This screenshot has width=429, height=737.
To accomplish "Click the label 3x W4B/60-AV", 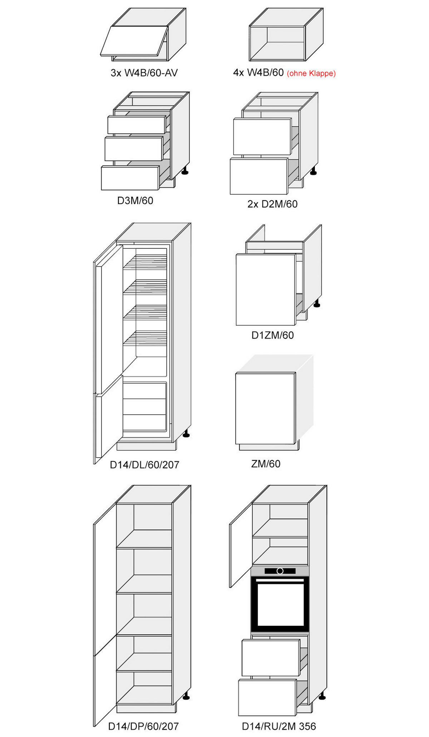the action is (144, 73).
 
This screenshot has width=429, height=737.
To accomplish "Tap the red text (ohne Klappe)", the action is (311, 73).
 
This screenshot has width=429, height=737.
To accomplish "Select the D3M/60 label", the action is (135, 201).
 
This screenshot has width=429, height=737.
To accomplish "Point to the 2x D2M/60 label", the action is (272, 204).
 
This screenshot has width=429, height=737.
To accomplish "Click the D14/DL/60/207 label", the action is (144, 465).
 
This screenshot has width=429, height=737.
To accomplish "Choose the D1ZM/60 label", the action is (273, 335).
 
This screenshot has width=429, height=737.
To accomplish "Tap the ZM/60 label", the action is (266, 464).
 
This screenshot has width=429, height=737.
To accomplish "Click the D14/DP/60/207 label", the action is (143, 726).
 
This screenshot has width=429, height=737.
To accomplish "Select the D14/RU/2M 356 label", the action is (279, 726).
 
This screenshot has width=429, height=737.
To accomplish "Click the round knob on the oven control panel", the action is (280, 571).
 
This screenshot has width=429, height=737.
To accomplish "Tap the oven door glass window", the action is (280, 604).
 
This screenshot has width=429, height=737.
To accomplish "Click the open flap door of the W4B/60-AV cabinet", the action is (134, 41).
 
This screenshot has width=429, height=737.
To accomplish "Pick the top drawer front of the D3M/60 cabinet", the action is (137, 125).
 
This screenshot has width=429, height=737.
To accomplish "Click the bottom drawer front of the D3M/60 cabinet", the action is (130, 178).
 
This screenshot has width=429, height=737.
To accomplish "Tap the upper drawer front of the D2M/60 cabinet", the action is (262, 137).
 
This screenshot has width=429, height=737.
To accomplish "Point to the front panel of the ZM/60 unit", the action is (266, 409).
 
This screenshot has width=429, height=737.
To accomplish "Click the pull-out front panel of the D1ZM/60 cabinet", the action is (266, 289).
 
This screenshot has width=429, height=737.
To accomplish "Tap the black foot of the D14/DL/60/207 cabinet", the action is (186, 434).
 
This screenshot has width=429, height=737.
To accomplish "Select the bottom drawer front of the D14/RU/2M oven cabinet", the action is (267, 698).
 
